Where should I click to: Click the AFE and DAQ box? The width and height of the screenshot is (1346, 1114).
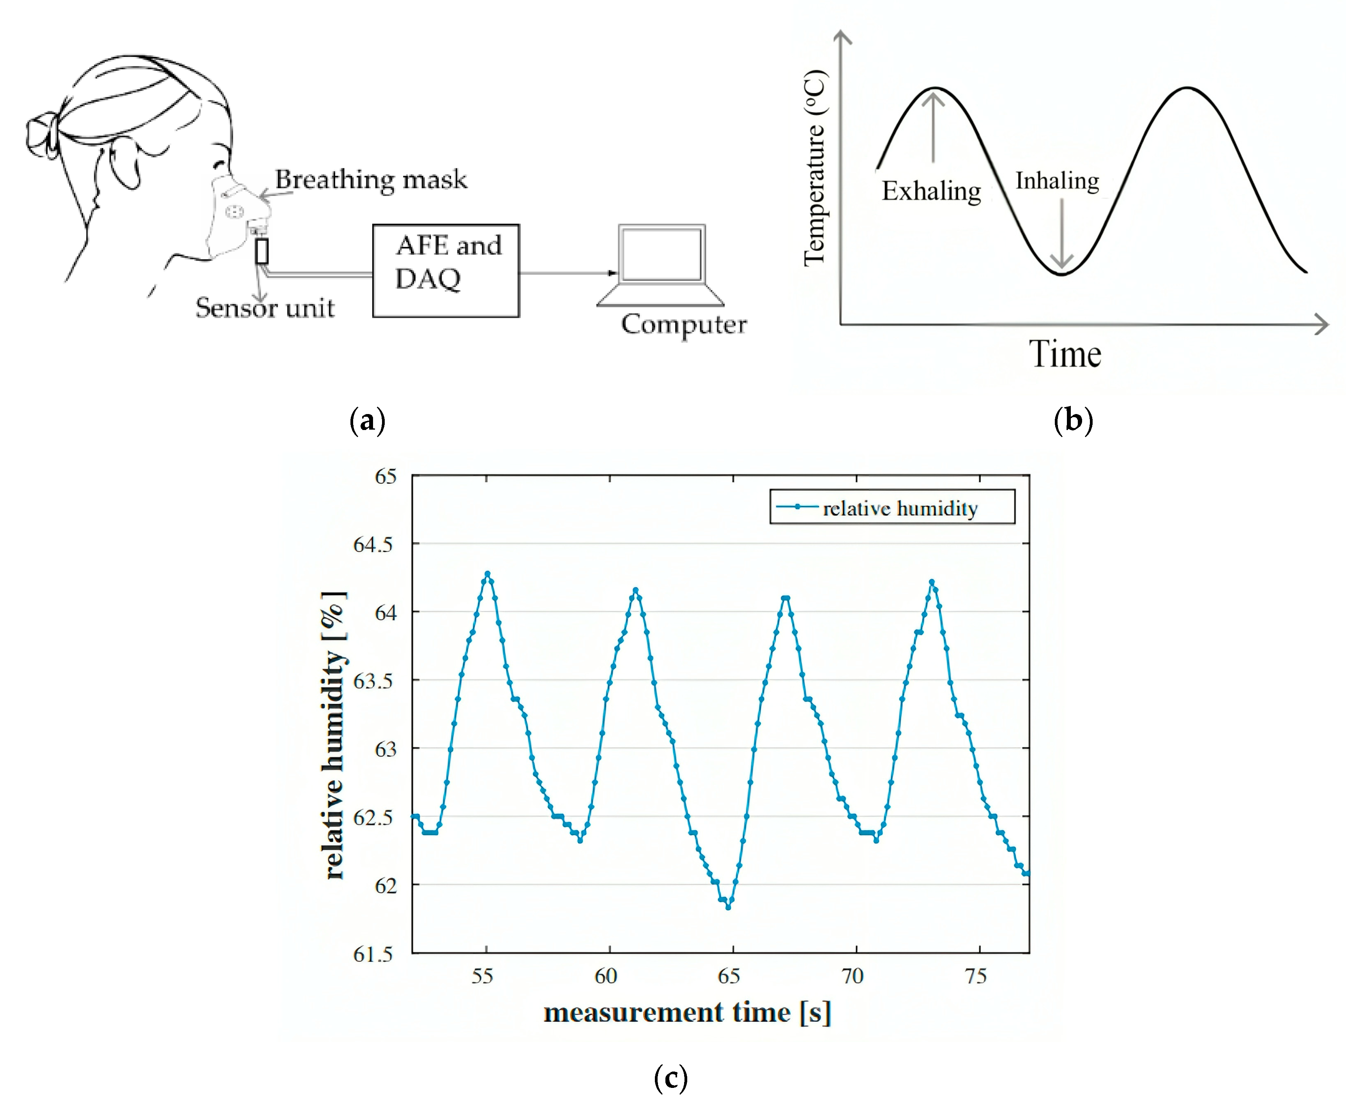point(446,270)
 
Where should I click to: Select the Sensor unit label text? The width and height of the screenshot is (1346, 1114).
point(265,308)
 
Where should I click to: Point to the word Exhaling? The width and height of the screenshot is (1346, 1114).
point(931,191)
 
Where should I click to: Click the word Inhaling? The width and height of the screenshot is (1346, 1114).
point(1057,181)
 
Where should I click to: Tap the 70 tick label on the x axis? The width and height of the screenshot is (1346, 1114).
point(852,976)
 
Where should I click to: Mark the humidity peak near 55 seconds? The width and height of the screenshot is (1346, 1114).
point(487,574)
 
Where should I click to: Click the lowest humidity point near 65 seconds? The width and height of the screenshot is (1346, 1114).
point(728,907)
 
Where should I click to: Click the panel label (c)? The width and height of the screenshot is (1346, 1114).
point(670,1078)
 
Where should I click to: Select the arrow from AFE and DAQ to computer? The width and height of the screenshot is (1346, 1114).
point(567,273)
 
